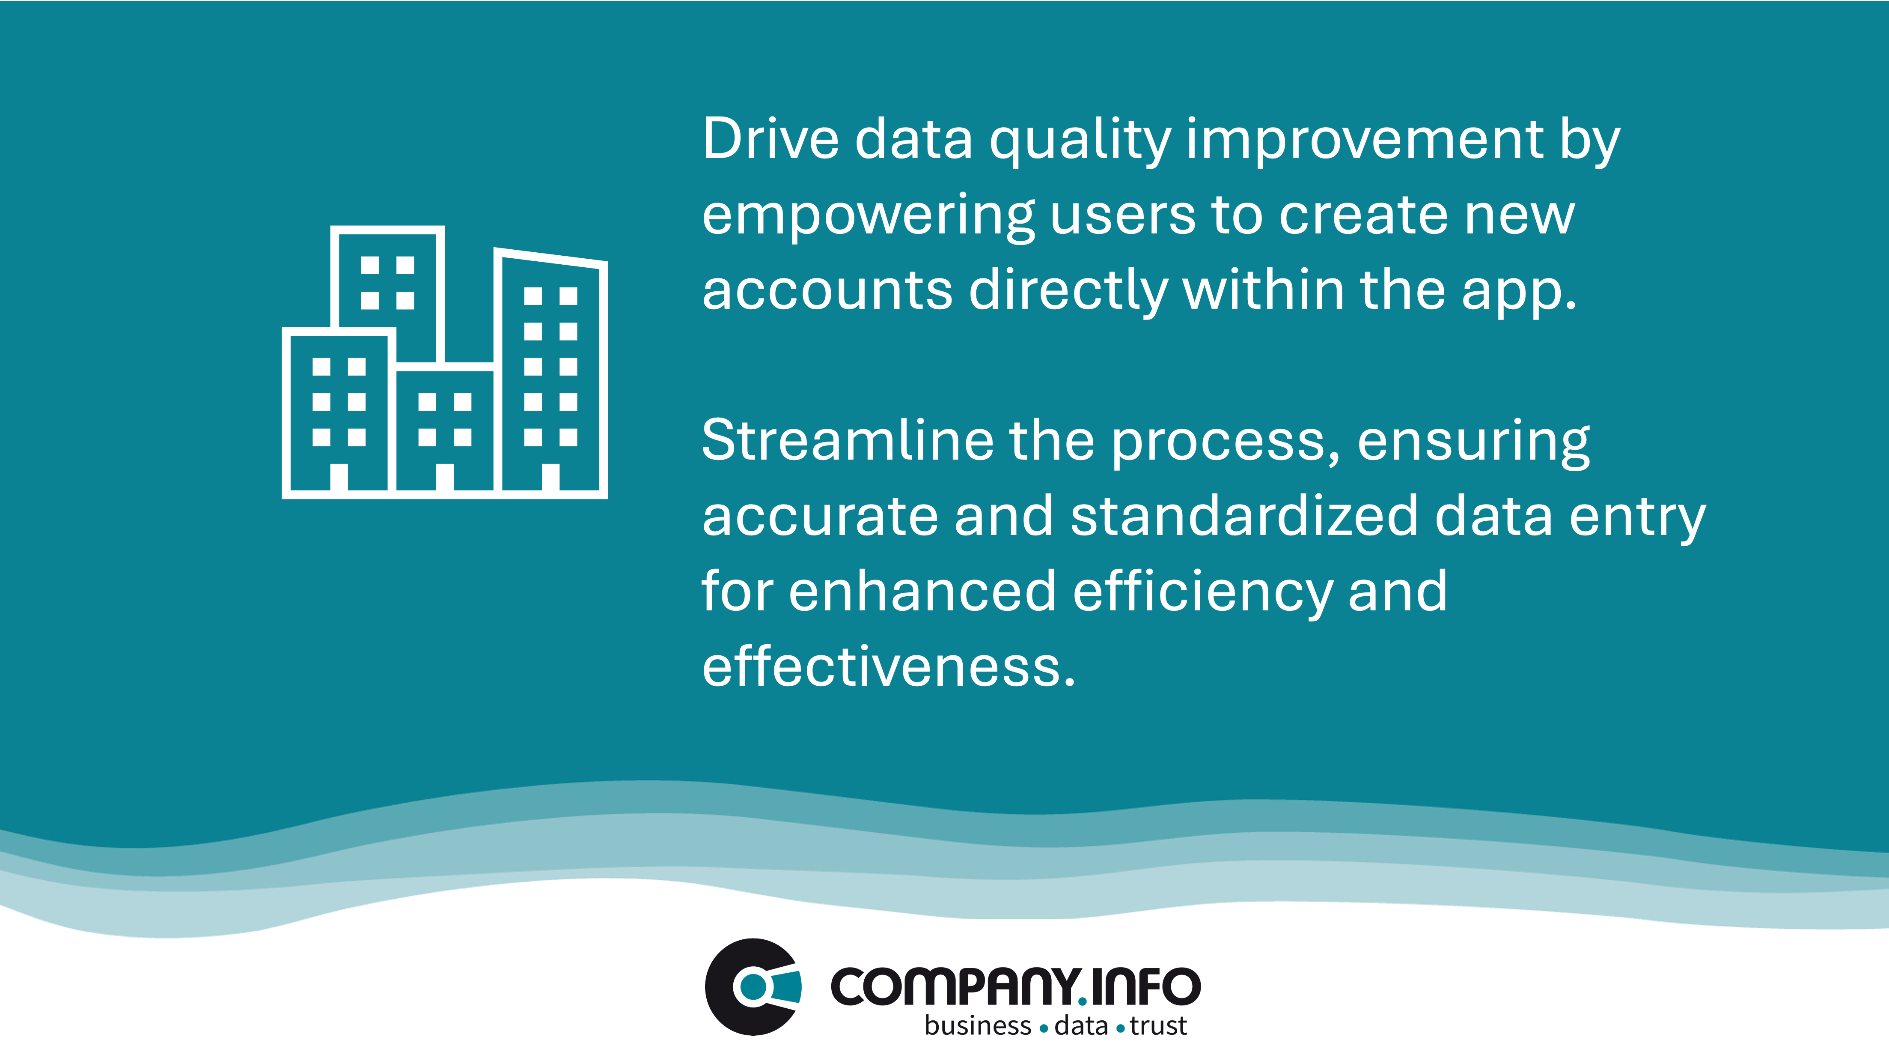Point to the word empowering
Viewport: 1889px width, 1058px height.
click(x=868, y=218)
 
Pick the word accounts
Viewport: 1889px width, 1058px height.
click(x=827, y=291)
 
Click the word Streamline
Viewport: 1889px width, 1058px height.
click(x=847, y=440)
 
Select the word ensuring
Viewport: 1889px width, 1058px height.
click(x=1474, y=444)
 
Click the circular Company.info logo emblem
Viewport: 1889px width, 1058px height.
click(x=753, y=987)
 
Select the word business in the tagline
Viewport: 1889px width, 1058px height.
click(x=978, y=1026)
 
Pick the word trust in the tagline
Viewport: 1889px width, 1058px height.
click(x=1158, y=1026)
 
